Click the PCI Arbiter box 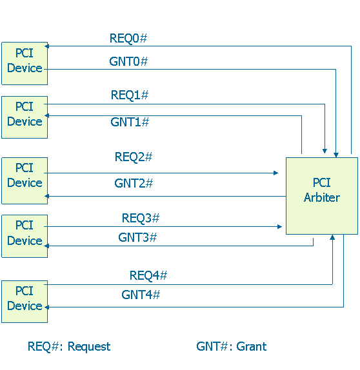click(x=321, y=195)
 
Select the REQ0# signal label click(x=128, y=39)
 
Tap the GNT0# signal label click(x=128, y=62)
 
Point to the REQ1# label click(x=130, y=95)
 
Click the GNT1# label click(x=130, y=122)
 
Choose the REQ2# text click(x=134, y=157)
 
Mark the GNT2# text click(x=134, y=183)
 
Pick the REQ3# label click(x=141, y=219)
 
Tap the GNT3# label click(x=137, y=237)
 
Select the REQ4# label click(x=148, y=275)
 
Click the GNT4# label click(x=141, y=295)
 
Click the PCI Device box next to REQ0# click(x=25, y=63)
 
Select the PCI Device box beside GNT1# click(x=25, y=117)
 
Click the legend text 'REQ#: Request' click(x=69, y=346)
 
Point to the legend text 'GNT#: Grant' click(x=232, y=346)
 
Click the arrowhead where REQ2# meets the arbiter click(x=276, y=173)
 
